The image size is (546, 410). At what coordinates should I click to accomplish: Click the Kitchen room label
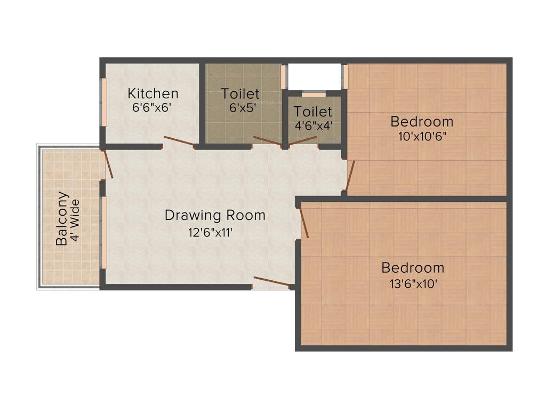(152, 93)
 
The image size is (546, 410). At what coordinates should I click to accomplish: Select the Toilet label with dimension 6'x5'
(240, 93)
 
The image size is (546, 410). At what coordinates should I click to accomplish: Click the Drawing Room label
(215, 215)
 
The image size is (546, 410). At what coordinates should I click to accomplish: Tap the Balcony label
(62, 218)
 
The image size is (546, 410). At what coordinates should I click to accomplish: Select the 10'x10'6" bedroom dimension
(422, 136)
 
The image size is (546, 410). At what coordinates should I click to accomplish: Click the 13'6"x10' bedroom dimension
(414, 283)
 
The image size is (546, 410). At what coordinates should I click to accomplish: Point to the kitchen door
(178, 141)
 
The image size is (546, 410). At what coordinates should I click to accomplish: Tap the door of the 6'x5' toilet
(267, 141)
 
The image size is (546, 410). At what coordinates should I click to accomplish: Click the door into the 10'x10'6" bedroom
(349, 177)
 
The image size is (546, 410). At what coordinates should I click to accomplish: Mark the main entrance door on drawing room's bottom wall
(271, 282)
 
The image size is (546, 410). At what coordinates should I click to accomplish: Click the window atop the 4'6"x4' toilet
(314, 94)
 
